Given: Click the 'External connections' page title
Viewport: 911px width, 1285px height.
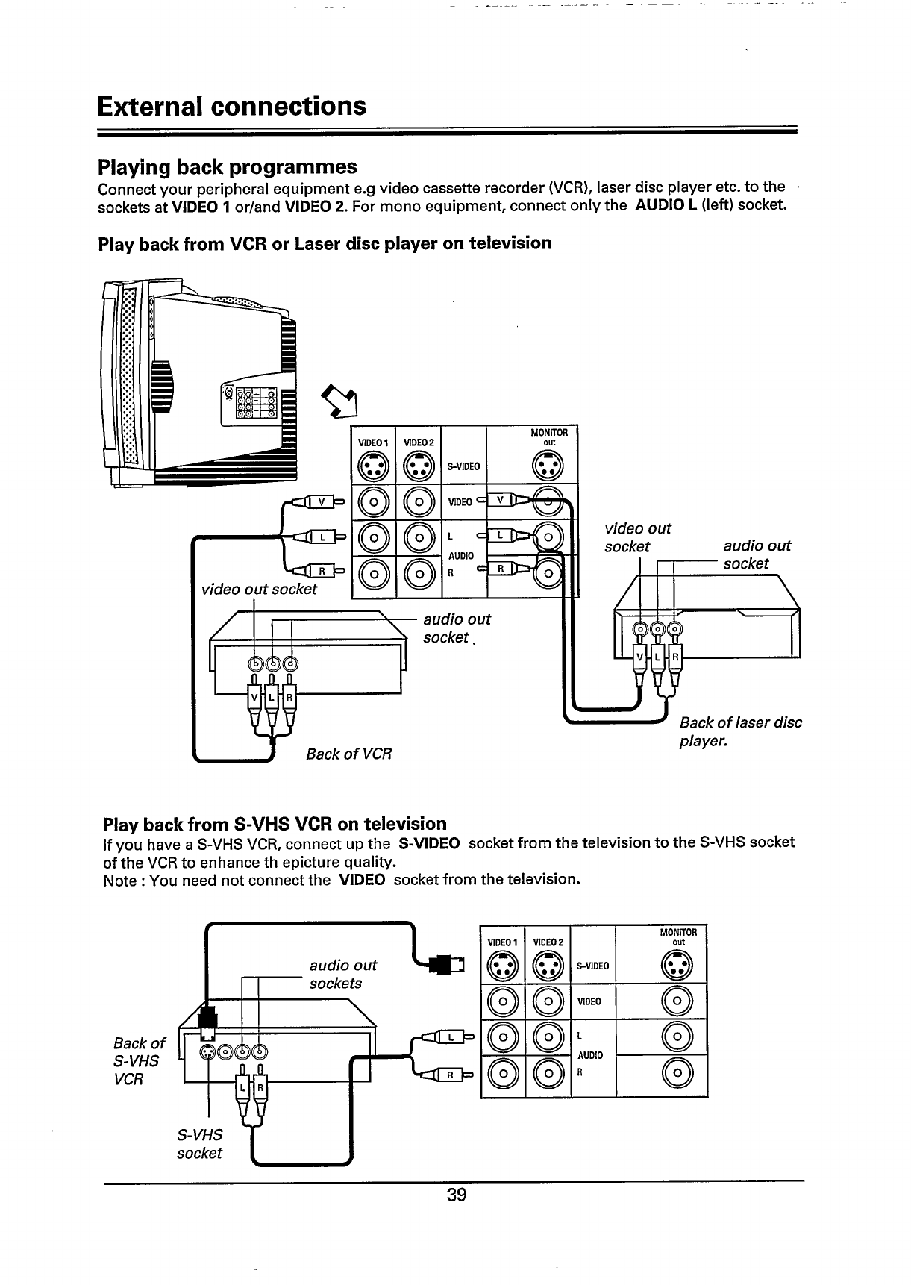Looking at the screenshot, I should pyautogui.click(x=231, y=106).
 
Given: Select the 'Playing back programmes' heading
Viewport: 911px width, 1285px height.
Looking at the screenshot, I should pyautogui.click(x=228, y=166).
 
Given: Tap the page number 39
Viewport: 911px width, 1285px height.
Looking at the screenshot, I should pyautogui.click(x=456, y=1195).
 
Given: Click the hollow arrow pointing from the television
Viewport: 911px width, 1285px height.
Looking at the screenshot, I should pyautogui.click(x=336, y=402).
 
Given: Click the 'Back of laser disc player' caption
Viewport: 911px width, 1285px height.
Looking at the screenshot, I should pyautogui.click(x=739, y=732).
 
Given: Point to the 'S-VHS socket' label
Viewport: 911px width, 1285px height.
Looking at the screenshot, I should pyautogui.click(x=199, y=1143).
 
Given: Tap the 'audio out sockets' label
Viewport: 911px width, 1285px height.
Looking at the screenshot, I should pyautogui.click(x=342, y=974).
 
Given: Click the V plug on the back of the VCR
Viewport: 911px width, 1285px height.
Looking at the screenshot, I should pyautogui.click(x=254, y=698).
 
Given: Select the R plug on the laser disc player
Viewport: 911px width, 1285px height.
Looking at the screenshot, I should pyautogui.click(x=674, y=658).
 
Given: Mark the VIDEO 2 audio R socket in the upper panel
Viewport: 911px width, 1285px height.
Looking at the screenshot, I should pyautogui.click(x=419, y=574).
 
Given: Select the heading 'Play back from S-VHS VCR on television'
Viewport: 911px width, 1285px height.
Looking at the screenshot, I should pyautogui.click(x=274, y=824).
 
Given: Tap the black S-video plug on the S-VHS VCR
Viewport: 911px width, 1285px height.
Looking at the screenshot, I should pyautogui.click(x=207, y=1018).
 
